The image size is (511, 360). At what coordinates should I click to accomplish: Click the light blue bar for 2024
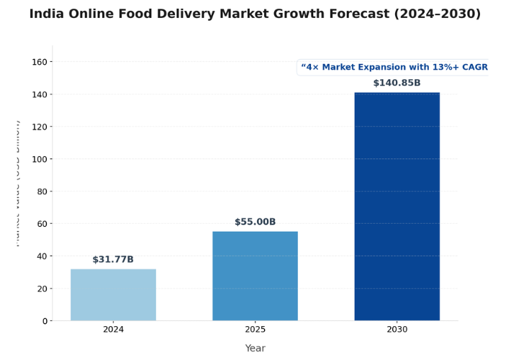coord(113,294)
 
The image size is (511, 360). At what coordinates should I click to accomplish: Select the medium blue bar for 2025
coord(255,276)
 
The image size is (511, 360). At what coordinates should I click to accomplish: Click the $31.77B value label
coord(113,260)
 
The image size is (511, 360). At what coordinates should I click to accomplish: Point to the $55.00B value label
coord(255,222)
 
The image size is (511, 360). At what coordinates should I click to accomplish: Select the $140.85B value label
coord(397,84)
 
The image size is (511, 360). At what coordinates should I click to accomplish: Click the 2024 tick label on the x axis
coord(113,330)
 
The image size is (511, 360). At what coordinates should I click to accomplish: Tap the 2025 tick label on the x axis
coord(255,330)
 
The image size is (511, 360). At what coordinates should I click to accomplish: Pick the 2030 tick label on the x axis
coord(397,330)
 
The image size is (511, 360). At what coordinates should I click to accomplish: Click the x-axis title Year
coord(255,348)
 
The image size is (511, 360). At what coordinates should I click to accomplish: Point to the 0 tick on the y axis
coord(44,321)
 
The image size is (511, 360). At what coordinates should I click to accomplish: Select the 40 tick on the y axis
coord(42,256)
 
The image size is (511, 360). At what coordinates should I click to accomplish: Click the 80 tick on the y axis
coord(42,192)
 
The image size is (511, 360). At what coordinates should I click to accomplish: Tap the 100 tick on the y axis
coord(40,159)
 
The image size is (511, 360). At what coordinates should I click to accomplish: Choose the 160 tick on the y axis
coord(40,62)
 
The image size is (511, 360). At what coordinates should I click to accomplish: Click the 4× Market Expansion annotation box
coord(394,68)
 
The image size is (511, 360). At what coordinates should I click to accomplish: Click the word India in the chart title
coord(48,14)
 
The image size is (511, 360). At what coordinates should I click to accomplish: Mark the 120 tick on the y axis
coord(40,127)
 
